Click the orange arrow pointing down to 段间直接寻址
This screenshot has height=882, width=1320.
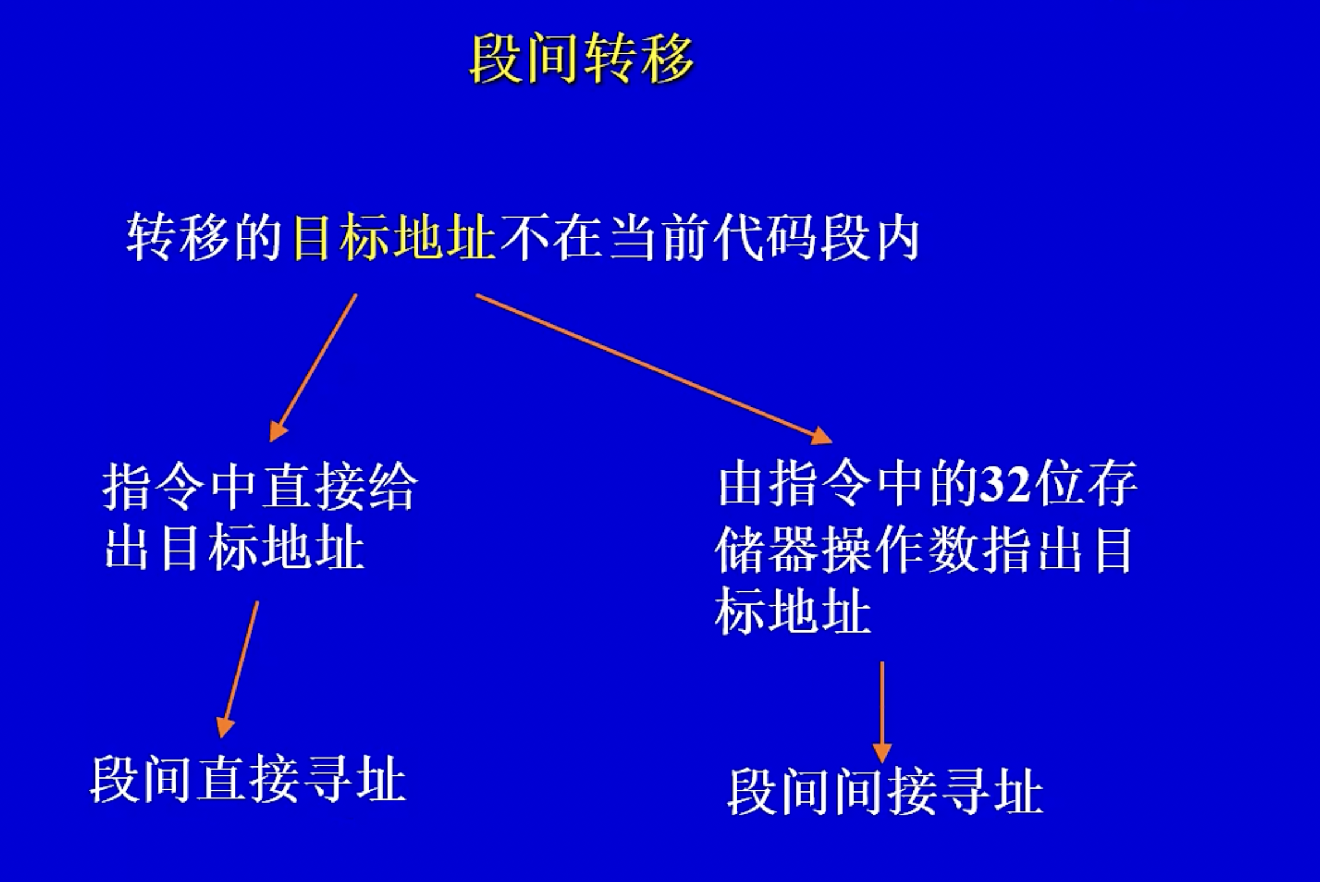coord(238,669)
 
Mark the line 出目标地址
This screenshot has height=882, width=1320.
coord(235,549)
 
